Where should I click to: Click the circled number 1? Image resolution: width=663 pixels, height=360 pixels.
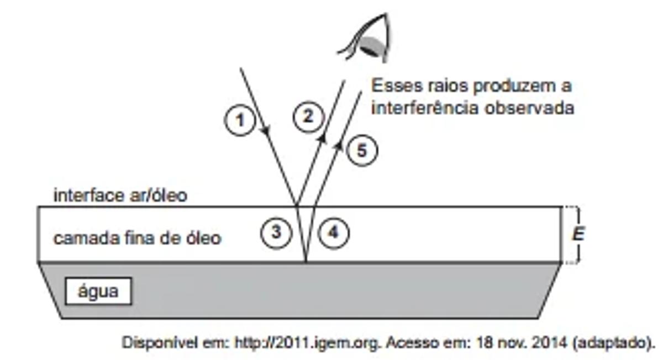(x=240, y=120)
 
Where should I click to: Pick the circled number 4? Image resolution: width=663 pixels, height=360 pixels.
(x=333, y=232)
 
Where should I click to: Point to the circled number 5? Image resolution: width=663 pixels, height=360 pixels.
(x=362, y=151)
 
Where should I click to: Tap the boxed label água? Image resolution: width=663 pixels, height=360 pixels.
(x=98, y=292)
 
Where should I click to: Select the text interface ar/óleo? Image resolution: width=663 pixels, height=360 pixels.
(x=120, y=195)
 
